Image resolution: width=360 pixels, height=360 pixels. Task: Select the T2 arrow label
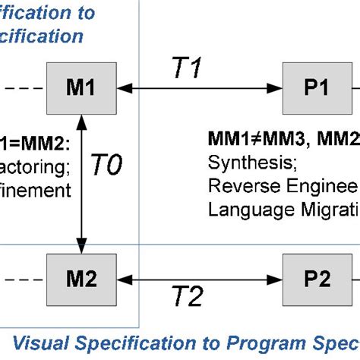tap(185, 298)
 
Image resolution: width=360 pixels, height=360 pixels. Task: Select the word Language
tap(243, 207)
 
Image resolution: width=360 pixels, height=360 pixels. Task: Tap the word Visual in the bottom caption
tap(30, 339)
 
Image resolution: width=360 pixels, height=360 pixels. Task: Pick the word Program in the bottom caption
tap(251, 339)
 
